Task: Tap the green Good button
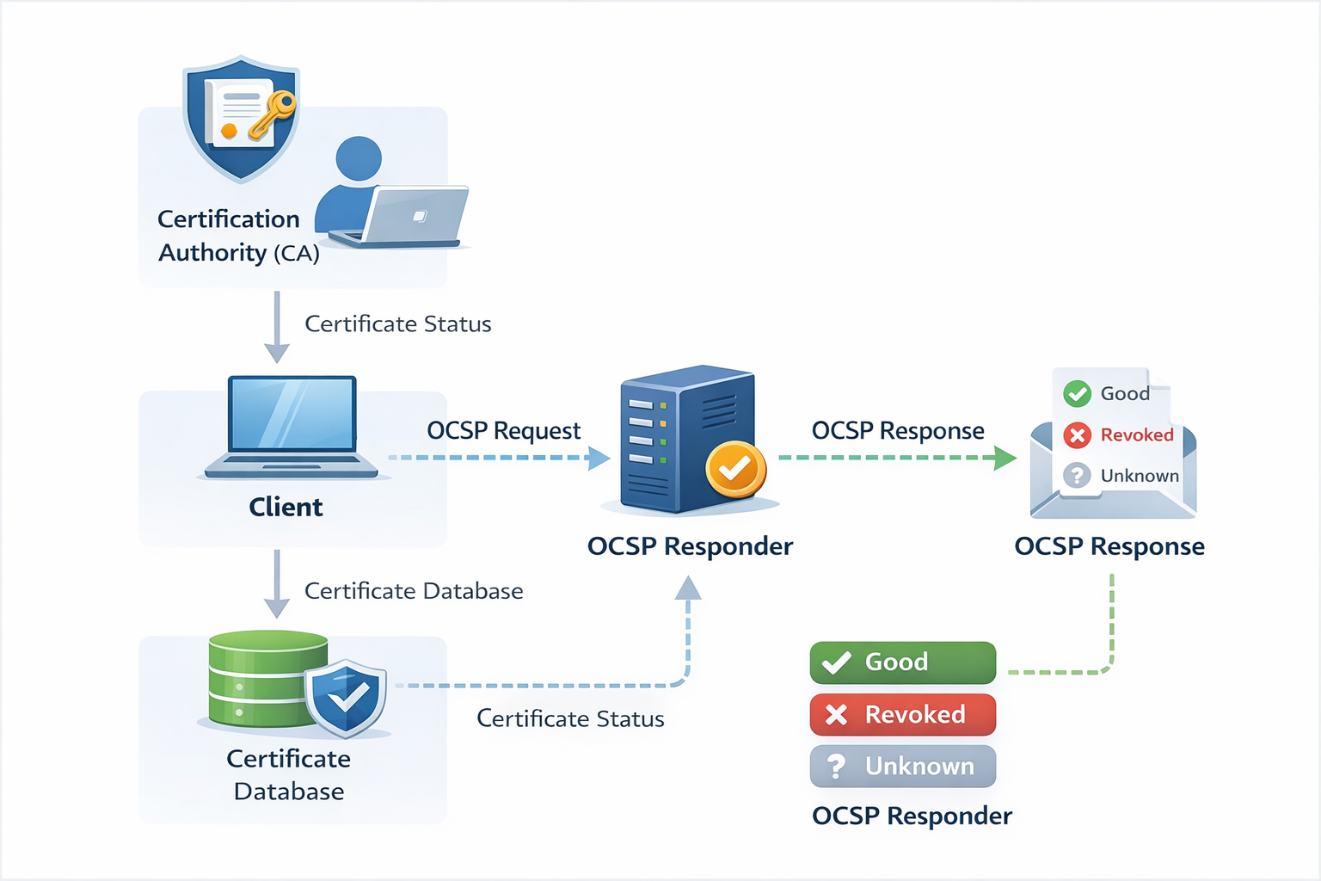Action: (x=902, y=662)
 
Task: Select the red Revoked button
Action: (x=902, y=715)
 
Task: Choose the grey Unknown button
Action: (x=902, y=767)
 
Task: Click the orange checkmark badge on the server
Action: (x=734, y=469)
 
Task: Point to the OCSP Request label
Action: (x=503, y=430)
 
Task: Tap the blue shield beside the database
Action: (x=346, y=698)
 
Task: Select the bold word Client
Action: (x=286, y=508)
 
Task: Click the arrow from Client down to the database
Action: (x=276, y=585)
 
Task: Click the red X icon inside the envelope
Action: (x=1077, y=435)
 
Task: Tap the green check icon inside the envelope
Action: (x=1077, y=394)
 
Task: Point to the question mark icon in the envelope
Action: (x=1077, y=476)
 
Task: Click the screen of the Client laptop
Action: (x=292, y=414)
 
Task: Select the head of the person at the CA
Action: (x=359, y=158)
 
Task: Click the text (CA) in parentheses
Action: (x=297, y=254)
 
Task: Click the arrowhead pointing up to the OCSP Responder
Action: (x=688, y=588)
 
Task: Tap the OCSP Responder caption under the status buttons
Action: (x=912, y=816)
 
